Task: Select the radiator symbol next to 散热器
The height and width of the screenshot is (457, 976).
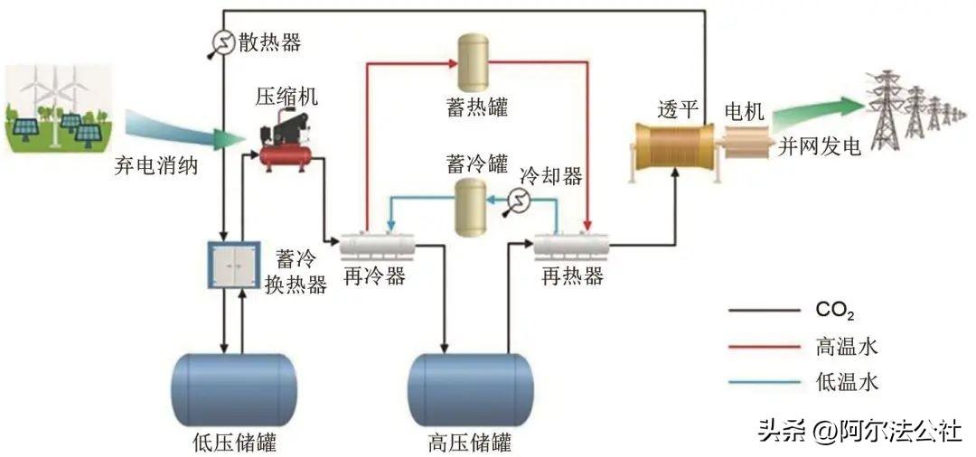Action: pyautogui.click(x=221, y=42)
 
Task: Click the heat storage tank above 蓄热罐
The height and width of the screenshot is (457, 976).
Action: pyautogui.click(x=470, y=60)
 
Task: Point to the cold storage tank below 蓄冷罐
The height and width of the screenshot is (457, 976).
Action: pyautogui.click(x=469, y=207)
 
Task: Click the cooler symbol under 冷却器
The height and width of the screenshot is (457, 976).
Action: pyautogui.click(x=520, y=200)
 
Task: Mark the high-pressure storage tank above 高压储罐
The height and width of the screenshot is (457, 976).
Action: pyautogui.click(x=470, y=389)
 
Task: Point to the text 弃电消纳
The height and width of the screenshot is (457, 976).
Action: pyautogui.click(x=155, y=166)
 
